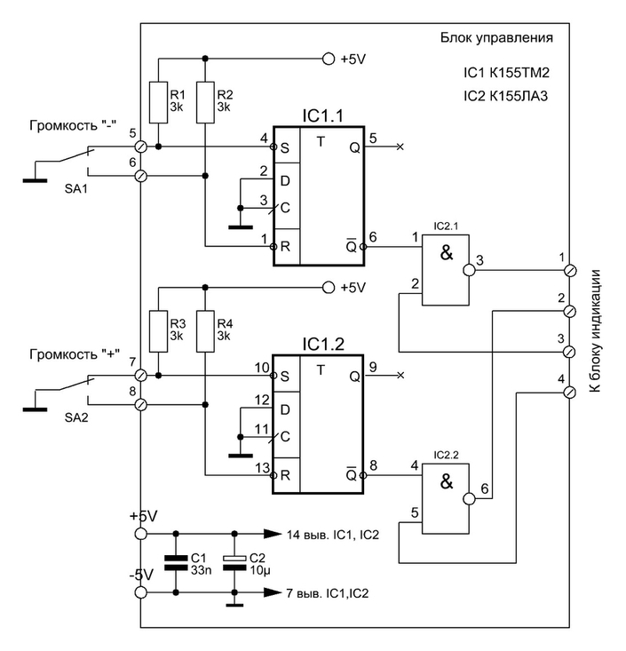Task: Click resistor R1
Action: (x=159, y=102)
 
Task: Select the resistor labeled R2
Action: (x=205, y=102)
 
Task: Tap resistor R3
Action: (x=159, y=331)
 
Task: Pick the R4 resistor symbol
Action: (x=205, y=331)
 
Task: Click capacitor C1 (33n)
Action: (x=176, y=562)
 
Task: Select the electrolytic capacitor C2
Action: (x=234, y=562)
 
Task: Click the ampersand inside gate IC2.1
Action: (x=447, y=252)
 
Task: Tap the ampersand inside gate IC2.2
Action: (x=447, y=481)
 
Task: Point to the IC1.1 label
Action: (x=323, y=116)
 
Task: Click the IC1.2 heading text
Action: (x=323, y=345)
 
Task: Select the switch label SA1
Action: (x=76, y=189)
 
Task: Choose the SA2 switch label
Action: (x=76, y=417)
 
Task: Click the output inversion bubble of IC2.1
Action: (x=469, y=270)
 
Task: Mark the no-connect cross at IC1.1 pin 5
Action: (x=400, y=147)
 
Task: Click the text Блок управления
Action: (x=496, y=38)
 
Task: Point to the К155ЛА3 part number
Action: (x=519, y=96)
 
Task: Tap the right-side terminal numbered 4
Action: (x=571, y=393)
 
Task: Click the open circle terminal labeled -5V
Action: (x=141, y=592)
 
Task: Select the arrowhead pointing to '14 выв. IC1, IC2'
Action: (x=273, y=534)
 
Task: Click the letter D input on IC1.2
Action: (x=285, y=409)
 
